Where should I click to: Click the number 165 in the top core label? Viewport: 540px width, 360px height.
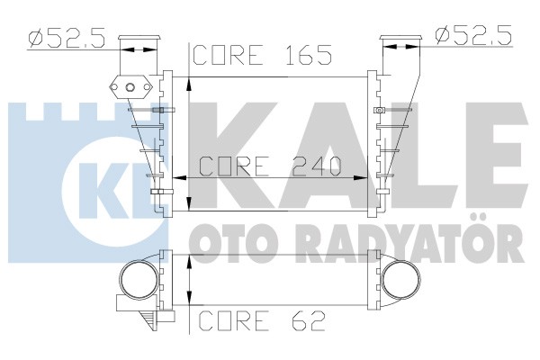[x=309, y=55]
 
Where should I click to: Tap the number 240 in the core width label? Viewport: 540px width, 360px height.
[x=317, y=166]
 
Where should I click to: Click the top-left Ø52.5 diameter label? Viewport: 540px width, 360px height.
[x=67, y=37]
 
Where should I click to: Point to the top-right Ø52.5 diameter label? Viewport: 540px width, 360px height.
[x=474, y=35]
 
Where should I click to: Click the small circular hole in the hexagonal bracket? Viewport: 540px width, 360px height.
[x=130, y=87]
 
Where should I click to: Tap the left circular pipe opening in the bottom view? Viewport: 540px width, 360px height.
[x=139, y=280]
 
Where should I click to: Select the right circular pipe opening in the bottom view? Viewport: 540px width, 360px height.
[x=401, y=279]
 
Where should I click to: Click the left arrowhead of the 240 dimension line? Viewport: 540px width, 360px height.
[x=179, y=178]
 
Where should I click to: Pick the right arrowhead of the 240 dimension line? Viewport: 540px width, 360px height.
[x=361, y=178]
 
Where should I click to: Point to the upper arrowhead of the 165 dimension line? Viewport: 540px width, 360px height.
[x=189, y=84]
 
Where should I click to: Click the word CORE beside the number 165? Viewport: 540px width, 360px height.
[x=229, y=55]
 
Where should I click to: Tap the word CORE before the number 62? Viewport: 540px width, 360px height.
[x=233, y=320]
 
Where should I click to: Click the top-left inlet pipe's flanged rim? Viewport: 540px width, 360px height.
[x=139, y=38]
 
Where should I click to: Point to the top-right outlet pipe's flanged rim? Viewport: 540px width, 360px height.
[x=400, y=38]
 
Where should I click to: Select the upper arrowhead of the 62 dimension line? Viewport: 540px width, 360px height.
[x=189, y=262]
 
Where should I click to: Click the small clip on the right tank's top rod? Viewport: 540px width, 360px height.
[x=380, y=110]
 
